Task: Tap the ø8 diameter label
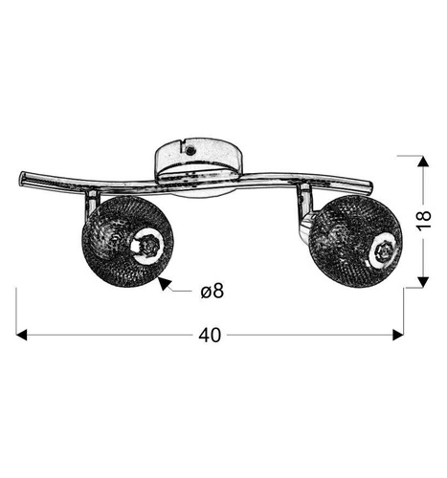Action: click(212, 292)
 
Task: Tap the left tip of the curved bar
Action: click(22, 176)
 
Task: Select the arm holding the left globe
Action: click(89, 203)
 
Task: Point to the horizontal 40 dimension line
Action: click(115, 335)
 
